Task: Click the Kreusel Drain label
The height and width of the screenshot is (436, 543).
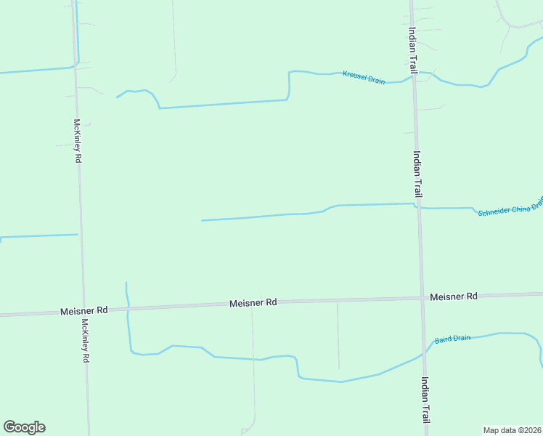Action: (364, 77)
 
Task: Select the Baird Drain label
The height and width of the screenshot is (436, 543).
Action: (453, 339)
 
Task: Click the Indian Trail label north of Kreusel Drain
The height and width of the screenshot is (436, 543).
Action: (412, 50)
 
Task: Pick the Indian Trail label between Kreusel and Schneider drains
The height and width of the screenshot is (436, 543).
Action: (417, 174)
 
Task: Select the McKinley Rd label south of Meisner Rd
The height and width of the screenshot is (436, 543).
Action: (86, 341)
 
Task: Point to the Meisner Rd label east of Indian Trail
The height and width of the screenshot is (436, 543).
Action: (453, 296)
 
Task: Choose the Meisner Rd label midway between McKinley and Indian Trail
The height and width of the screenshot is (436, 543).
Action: (253, 302)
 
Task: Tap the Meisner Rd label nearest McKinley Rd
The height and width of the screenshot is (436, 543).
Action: (83, 310)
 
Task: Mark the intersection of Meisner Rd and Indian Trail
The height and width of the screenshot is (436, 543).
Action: (422, 298)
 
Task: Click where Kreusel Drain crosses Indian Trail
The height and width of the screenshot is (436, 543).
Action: (415, 76)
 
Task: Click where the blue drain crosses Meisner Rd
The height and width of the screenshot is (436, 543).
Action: (128, 309)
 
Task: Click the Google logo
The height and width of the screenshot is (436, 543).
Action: (24, 427)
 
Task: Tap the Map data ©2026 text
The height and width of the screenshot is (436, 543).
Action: (512, 430)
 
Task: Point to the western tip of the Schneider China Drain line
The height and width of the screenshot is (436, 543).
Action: (202, 220)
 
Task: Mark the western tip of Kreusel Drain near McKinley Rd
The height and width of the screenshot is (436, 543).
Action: (117, 96)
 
